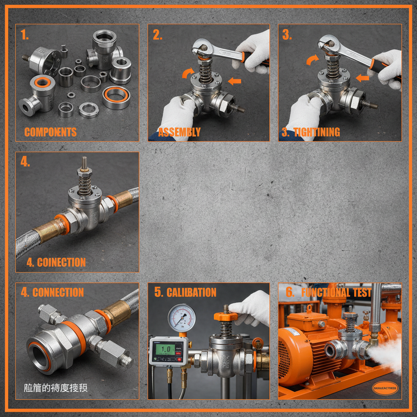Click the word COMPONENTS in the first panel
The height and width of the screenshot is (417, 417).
tap(50, 132)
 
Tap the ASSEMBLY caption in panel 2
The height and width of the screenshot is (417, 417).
tap(179, 132)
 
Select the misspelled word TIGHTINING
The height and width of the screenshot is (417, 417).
tap(316, 132)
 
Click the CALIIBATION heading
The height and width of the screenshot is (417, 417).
tap(191, 292)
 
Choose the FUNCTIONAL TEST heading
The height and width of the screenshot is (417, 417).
tap(336, 292)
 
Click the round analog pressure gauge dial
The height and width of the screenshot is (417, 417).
tap(182, 318)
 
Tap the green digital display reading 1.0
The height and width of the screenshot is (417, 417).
tap(165, 349)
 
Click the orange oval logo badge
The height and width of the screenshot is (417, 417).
tap(385, 388)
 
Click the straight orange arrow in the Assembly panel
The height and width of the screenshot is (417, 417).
tap(235, 81)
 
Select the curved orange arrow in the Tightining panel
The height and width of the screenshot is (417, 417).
tap(313, 60)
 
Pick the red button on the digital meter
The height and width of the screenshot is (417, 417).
tap(179, 360)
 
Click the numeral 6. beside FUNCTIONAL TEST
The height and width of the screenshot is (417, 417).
tap(290, 292)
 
